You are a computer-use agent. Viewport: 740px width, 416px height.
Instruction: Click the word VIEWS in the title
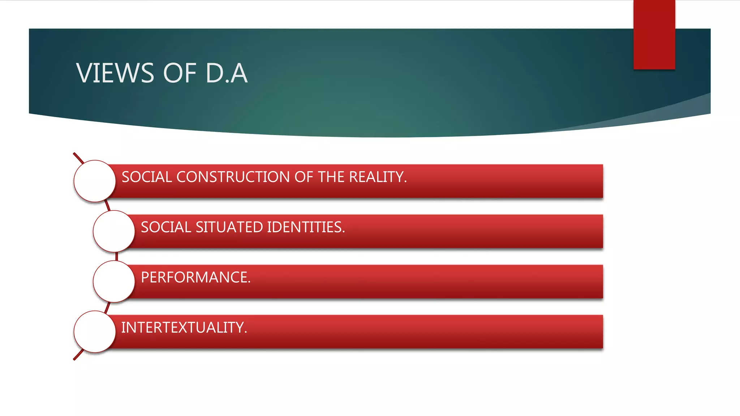point(115,73)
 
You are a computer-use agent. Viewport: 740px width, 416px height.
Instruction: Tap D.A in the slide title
point(227,73)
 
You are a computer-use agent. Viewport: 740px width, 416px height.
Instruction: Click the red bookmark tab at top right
point(654,34)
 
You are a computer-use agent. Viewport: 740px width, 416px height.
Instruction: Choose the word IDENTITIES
point(306,227)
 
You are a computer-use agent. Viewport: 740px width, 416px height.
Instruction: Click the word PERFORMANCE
point(195,277)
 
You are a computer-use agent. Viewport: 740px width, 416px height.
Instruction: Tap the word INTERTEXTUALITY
point(184,328)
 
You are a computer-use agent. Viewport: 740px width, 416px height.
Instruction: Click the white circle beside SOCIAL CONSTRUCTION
point(95,181)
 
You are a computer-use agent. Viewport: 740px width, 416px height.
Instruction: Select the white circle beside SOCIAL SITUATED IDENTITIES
point(114,231)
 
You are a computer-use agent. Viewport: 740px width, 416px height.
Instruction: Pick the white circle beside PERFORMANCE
point(114,281)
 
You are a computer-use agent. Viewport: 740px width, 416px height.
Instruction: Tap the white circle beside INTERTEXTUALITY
point(95,331)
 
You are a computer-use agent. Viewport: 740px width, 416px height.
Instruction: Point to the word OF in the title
point(180,73)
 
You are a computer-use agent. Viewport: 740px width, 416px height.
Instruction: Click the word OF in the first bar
point(303,177)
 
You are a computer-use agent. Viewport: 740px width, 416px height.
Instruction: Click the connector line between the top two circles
point(107,206)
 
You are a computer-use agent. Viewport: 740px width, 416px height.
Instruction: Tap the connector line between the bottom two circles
point(107,307)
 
